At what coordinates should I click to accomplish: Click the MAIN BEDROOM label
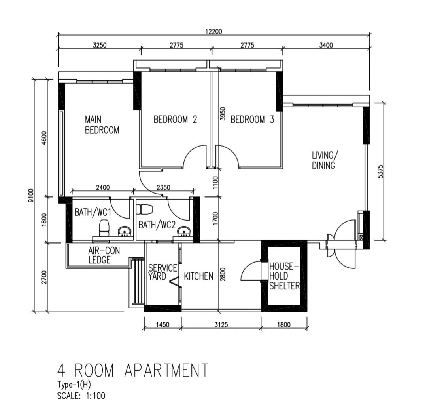[x=102, y=124]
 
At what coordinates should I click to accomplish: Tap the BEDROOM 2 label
[x=175, y=119]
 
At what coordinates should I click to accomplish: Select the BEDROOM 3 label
[x=252, y=119]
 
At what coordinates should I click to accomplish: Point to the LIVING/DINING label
[x=325, y=160]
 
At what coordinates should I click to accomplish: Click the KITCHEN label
[x=198, y=276]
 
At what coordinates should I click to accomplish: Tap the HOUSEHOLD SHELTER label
[x=284, y=276]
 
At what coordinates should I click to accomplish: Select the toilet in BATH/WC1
[x=104, y=228]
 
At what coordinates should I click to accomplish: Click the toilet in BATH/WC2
[x=146, y=209]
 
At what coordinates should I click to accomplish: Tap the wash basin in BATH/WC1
[x=125, y=231]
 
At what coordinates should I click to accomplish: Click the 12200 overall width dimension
[x=214, y=32]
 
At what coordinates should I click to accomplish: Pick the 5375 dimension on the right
[x=380, y=171]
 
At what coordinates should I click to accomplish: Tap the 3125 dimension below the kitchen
[x=221, y=325]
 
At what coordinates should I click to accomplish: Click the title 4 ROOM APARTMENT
[x=132, y=370]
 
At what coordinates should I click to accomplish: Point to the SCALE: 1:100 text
[x=81, y=395]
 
